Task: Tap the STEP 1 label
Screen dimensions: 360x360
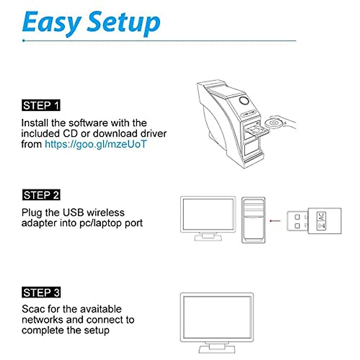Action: (x=41, y=106)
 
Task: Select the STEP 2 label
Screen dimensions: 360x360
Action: (x=41, y=195)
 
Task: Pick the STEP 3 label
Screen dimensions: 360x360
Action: (x=41, y=292)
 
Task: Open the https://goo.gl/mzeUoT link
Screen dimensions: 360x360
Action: (x=96, y=144)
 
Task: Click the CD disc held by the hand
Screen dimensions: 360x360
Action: (x=273, y=123)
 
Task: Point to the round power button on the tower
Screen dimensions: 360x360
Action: (x=244, y=101)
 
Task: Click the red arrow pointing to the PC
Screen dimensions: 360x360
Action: (x=275, y=221)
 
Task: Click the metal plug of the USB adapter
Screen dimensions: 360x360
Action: (x=297, y=221)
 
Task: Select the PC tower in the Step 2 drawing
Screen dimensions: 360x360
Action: (x=253, y=220)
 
